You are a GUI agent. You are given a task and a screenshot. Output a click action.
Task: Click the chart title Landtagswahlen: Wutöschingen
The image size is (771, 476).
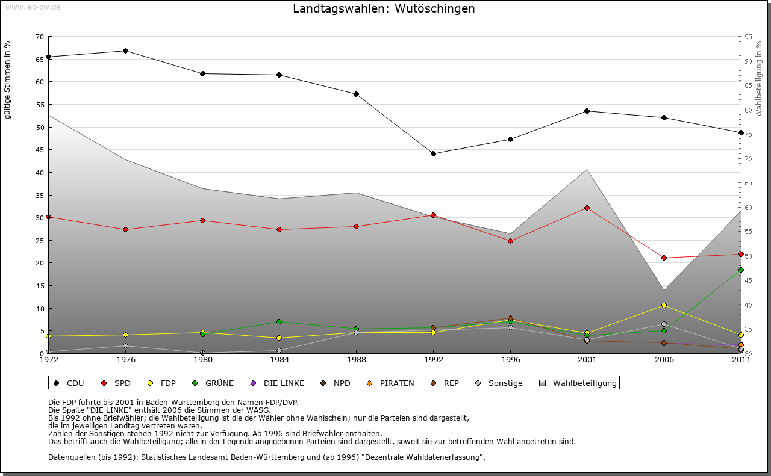[x=384, y=9]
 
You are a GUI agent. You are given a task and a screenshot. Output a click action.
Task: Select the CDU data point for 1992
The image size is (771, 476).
[x=433, y=153]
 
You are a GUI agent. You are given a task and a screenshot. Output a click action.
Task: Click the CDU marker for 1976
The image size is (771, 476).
[x=125, y=51]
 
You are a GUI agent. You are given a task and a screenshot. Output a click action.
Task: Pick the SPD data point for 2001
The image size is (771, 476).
[x=587, y=208]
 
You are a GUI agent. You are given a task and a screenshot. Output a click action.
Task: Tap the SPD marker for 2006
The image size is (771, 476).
[x=664, y=258]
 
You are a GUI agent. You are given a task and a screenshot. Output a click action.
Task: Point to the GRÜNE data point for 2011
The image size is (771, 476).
[x=741, y=270]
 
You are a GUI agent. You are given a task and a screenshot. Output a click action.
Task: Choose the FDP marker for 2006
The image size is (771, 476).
[x=664, y=305]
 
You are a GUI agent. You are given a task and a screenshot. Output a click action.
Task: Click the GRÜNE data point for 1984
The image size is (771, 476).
[x=279, y=321]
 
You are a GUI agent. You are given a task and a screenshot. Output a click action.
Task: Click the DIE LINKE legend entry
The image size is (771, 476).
[x=283, y=383]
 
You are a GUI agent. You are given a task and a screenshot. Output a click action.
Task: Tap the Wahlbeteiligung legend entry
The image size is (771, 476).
[x=584, y=383]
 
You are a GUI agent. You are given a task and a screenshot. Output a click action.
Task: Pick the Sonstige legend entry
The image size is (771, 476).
[x=505, y=383]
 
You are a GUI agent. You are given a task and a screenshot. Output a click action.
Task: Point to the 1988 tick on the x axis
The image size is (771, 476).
[x=356, y=360]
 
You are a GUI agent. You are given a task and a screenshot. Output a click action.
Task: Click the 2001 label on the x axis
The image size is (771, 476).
[x=587, y=360]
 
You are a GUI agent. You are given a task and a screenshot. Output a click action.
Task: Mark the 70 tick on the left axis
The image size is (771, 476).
[x=40, y=37]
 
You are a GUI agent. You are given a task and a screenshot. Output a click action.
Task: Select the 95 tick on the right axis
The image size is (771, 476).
[x=748, y=37]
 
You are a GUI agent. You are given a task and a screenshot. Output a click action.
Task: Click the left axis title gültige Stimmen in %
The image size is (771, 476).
[x=8, y=80]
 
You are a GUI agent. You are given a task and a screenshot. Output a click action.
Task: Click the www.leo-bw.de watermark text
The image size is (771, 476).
[x=32, y=7]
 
